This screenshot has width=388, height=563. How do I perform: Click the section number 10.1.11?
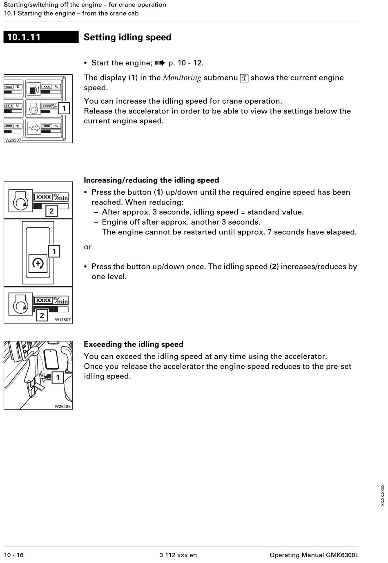24,37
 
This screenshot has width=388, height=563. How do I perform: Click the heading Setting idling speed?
127,37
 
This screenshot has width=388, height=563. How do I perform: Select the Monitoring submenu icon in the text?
244,78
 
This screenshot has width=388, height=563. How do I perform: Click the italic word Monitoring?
182,78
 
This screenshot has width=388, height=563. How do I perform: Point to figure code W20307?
13,140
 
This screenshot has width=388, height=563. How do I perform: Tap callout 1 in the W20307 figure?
64,108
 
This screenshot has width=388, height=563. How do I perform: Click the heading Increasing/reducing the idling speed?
151,180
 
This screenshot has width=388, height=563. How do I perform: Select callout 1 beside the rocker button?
54,251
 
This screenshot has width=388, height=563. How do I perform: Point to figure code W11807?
62,320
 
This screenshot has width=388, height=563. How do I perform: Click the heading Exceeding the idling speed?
133,344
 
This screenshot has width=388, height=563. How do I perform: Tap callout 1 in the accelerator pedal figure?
58,377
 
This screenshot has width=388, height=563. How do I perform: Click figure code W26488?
62,406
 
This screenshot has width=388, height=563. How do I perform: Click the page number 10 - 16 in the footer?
14,555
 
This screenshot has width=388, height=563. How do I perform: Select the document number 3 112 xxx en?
178,555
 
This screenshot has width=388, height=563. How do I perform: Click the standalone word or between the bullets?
88,247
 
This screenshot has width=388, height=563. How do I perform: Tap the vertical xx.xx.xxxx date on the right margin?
382,495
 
